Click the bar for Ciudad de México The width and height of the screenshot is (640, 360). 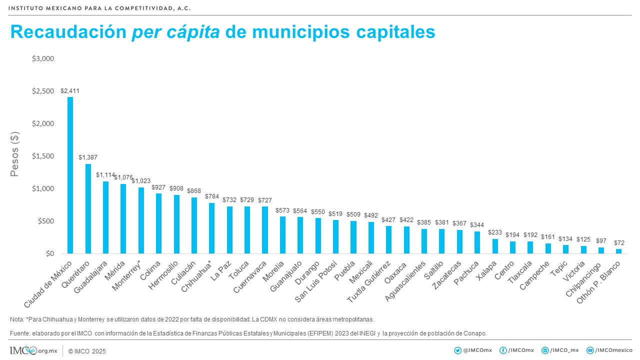[70, 175]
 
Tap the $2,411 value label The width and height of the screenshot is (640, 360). [70, 91]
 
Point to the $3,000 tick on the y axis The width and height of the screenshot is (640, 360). [42, 58]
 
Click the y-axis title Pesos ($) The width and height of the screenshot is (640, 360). [15, 155]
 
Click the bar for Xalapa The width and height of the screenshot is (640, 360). [495, 246]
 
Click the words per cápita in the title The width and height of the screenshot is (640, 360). [175, 32]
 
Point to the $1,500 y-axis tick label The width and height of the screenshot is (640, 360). [42, 156]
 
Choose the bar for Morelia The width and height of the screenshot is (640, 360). [282, 235]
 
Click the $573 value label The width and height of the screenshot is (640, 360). [282, 210]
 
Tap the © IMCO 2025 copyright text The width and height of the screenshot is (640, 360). [87, 351]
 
